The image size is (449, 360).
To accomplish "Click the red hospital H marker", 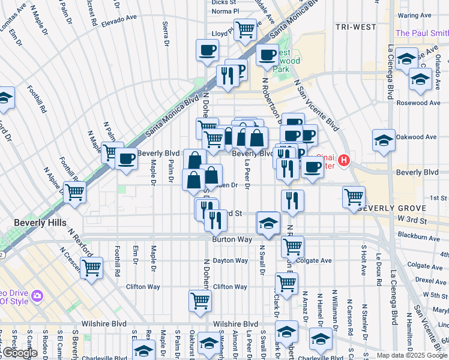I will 343,160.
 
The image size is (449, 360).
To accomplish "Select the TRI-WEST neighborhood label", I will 355,27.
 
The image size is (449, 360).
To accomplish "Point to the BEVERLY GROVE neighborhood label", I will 391,209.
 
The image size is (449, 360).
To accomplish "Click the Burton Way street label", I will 229,239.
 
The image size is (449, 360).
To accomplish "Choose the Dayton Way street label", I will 231,261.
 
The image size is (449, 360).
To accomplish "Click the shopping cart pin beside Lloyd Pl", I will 245,28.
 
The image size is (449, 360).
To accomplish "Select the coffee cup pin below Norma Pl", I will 207,50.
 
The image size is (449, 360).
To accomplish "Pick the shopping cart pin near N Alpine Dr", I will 75,192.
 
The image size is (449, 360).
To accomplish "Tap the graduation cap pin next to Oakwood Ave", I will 384,140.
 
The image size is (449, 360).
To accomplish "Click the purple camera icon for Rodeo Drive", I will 37,296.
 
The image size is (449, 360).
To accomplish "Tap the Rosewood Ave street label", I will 418,103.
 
